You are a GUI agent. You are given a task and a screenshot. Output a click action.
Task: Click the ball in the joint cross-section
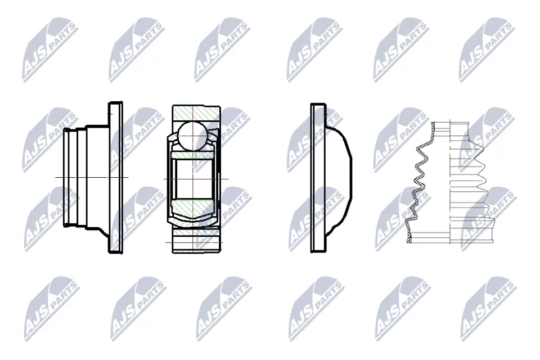point(193,136)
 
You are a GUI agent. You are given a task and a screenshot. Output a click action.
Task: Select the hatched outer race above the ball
point(196,113)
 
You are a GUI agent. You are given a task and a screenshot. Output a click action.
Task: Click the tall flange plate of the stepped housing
point(115,178)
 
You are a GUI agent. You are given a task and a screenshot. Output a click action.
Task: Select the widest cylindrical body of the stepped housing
point(97,177)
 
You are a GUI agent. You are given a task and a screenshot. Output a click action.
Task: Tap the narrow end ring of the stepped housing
point(66,178)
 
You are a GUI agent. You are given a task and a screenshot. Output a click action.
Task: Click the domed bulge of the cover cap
point(339,178)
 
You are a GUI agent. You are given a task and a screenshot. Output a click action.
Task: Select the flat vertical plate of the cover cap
point(318,178)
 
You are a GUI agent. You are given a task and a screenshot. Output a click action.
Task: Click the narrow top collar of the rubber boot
point(450,126)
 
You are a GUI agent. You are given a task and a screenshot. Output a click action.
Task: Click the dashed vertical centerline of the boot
point(451,183)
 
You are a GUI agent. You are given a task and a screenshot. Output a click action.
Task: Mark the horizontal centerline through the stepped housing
point(92,177)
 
